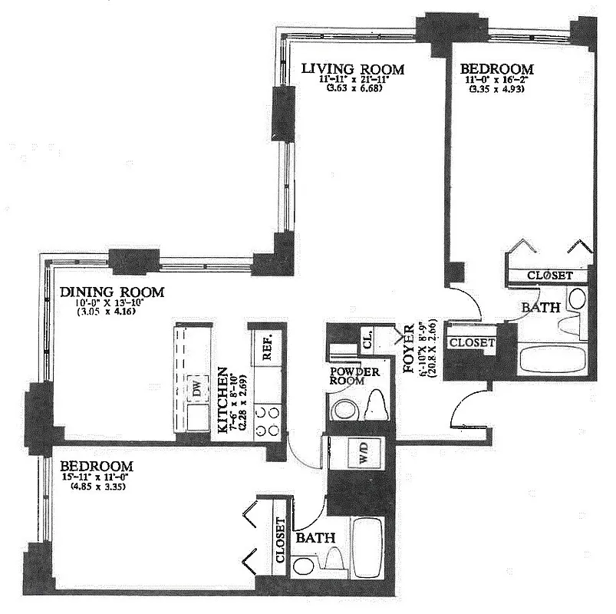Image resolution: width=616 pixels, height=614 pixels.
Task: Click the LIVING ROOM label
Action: (x=351, y=70)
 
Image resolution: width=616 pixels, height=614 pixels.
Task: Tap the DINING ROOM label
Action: (x=113, y=292)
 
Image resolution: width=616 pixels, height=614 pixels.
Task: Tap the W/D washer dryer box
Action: (x=361, y=451)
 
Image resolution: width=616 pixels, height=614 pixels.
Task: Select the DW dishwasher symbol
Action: (x=199, y=389)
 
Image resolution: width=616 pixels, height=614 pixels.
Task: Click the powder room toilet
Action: (x=377, y=404)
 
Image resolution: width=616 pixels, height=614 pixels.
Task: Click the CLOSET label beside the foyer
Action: (x=472, y=343)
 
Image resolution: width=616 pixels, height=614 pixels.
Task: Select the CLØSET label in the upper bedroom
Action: (x=552, y=275)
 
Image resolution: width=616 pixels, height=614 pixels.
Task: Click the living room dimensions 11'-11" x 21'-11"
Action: (x=352, y=80)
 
